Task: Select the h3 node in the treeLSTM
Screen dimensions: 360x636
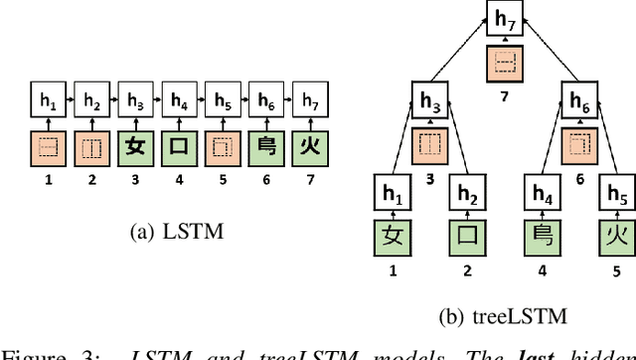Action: (429, 100)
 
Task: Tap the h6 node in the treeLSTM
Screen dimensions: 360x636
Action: (579, 100)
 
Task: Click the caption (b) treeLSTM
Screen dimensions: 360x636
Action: (502, 317)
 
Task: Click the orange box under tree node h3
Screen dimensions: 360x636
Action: (429, 144)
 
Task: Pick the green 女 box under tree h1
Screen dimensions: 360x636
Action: (392, 240)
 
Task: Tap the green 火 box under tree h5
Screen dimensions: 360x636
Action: (617, 240)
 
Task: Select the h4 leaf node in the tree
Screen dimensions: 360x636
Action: (541, 193)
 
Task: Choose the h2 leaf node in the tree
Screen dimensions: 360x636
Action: (467, 193)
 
